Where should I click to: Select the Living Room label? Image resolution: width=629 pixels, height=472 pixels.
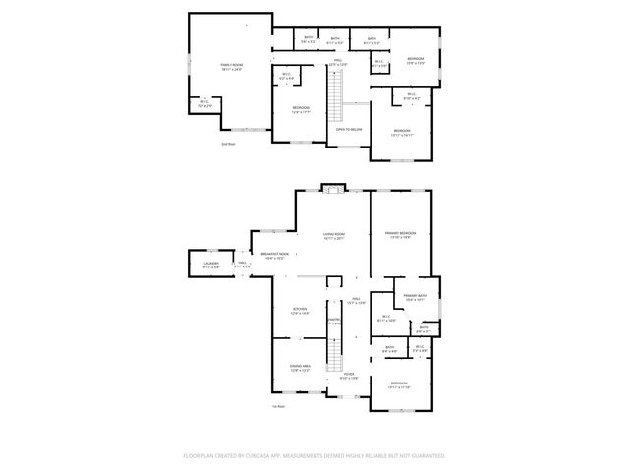point(333,235)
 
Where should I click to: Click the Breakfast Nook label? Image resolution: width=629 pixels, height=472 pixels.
point(275,255)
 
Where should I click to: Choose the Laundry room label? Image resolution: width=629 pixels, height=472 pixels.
point(211,265)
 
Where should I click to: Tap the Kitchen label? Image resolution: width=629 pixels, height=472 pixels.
point(300,310)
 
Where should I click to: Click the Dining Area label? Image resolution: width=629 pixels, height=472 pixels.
point(301,368)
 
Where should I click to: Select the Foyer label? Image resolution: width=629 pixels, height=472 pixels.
point(348,375)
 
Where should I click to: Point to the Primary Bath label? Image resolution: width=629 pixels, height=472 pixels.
point(414,297)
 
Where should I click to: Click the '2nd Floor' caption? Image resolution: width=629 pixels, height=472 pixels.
point(228,144)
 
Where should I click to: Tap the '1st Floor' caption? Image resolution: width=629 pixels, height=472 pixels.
point(279,406)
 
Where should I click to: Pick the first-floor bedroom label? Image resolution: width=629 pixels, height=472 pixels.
point(398,384)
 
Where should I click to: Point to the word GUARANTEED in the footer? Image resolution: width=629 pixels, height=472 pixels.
point(425,456)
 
